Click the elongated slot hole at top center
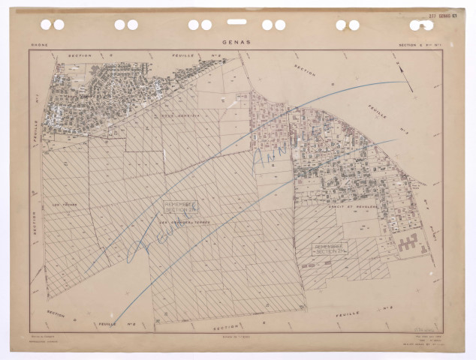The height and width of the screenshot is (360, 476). click(236, 22)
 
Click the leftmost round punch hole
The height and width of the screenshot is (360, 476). click(46, 25)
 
